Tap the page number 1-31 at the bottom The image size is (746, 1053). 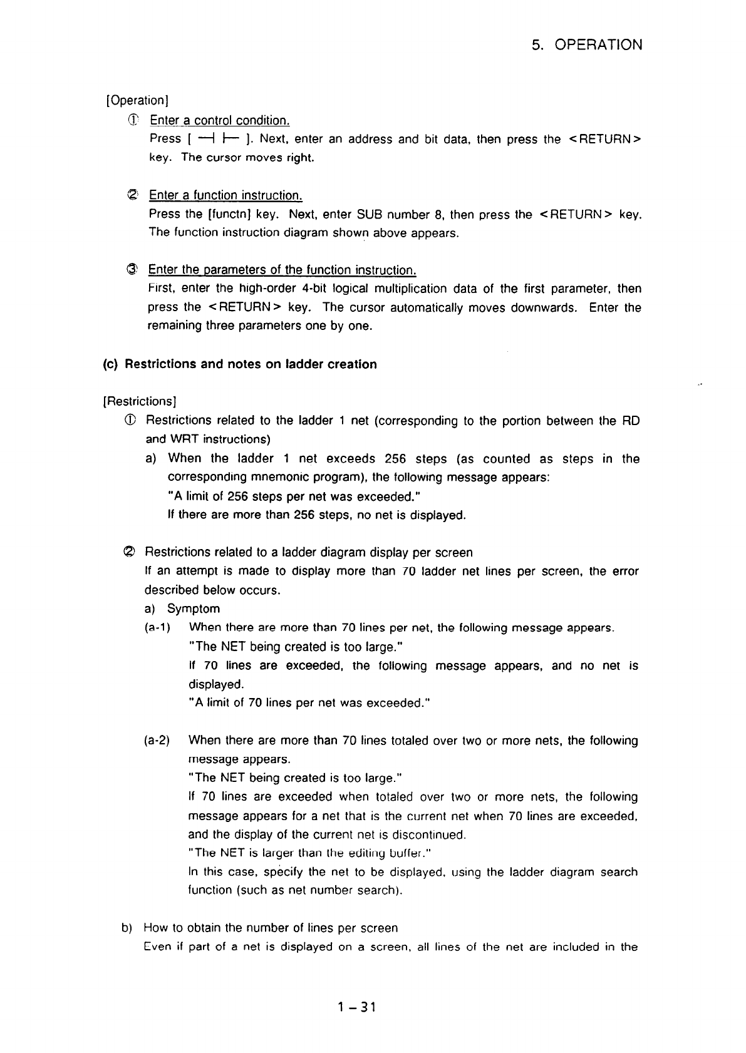pos(355,1007)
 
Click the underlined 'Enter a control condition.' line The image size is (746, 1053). pos(219,120)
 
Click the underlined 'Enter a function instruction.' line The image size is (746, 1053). pos(225,195)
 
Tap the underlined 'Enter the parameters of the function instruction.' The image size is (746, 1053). pos(282,270)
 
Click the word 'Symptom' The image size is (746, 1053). pos(193,609)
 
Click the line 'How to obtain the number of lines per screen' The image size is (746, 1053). pos(271,928)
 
